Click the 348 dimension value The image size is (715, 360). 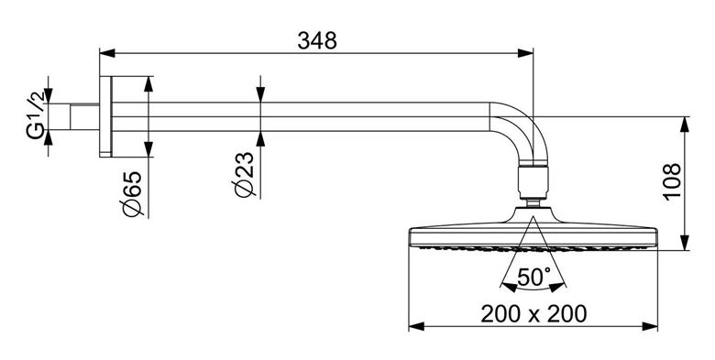[317, 40]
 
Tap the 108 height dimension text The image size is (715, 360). [673, 180]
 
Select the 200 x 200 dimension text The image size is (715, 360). [533, 314]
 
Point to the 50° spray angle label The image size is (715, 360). [534, 277]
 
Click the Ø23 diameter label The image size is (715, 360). [245, 175]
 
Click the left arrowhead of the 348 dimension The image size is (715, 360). [107, 53]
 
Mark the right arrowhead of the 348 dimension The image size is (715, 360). [525, 53]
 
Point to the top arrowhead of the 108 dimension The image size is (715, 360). [685, 125]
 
